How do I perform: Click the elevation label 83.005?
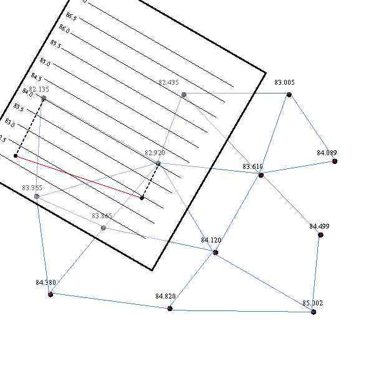284,82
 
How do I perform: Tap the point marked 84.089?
335,161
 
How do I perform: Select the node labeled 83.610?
261,175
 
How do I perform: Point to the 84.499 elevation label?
319,226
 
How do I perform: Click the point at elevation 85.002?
314,312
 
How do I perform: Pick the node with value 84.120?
216,252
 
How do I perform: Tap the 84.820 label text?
165,297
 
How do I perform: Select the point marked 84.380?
50,294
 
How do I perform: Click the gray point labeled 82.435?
184,95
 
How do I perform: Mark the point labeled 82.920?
158,164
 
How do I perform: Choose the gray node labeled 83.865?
103,228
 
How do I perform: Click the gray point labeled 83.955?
37,196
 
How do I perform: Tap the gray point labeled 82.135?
44,98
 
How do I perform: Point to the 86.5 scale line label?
71,17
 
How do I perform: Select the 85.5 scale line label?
55,45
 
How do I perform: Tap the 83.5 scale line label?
19,108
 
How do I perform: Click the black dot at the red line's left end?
16,156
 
